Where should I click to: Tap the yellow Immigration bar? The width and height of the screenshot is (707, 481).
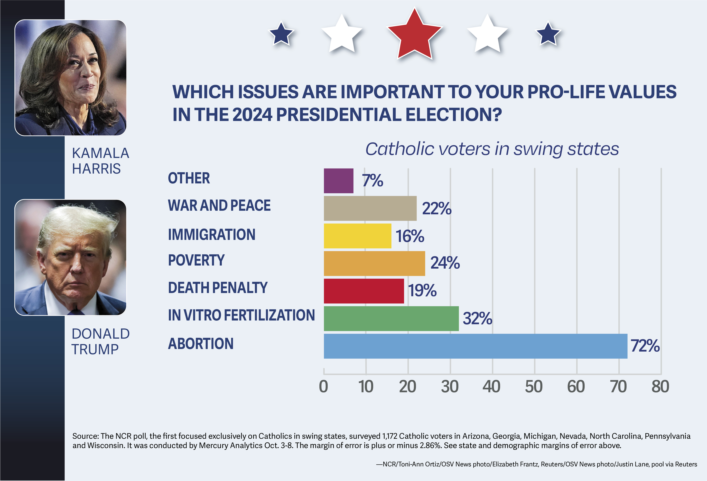click(357, 236)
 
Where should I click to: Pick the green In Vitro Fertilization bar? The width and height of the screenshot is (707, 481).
click(391, 318)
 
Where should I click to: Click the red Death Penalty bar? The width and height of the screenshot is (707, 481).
click(364, 291)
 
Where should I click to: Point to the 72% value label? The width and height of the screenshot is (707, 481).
click(645, 346)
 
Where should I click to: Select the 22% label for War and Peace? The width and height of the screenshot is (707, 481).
click(436, 209)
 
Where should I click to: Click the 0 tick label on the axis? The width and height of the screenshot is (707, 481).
click(323, 387)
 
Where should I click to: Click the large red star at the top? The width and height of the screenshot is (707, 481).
click(414, 35)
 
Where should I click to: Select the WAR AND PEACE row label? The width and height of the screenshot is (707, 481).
click(219, 205)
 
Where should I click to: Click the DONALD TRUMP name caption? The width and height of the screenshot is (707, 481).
click(100, 341)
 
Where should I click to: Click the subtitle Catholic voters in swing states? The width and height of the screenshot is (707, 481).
click(492, 149)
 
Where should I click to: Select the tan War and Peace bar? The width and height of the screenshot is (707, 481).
click(370, 208)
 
